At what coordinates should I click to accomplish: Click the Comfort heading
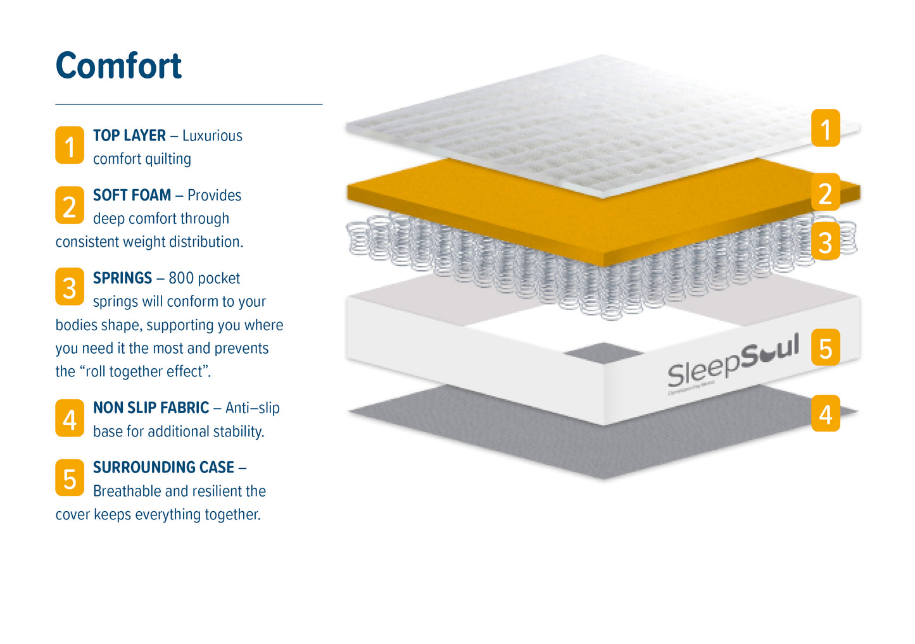click(118, 66)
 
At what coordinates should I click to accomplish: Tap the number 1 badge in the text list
click(70, 146)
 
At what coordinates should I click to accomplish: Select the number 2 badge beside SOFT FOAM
click(70, 205)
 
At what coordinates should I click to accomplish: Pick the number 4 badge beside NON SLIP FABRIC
click(70, 418)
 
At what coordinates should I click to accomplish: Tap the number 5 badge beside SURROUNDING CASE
click(70, 478)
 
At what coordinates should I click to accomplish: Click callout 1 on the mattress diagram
click(825, 128)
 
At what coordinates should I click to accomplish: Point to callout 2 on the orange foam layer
click(825, 193)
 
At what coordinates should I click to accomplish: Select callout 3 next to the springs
click(825, 242)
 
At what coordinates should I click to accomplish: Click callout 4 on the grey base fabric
click(825, 414)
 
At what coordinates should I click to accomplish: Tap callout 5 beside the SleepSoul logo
click(825, 347)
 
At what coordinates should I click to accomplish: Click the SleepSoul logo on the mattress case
click(733, 364)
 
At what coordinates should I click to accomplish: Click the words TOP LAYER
click(129, 135)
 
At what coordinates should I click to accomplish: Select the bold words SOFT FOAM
click(132, 195)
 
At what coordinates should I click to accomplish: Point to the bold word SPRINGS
click(122, 278)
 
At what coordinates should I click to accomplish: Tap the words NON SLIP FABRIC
click(151, 407)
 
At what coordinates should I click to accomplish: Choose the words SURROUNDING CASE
click(163, 467)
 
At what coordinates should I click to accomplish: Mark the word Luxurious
click(212, 135)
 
